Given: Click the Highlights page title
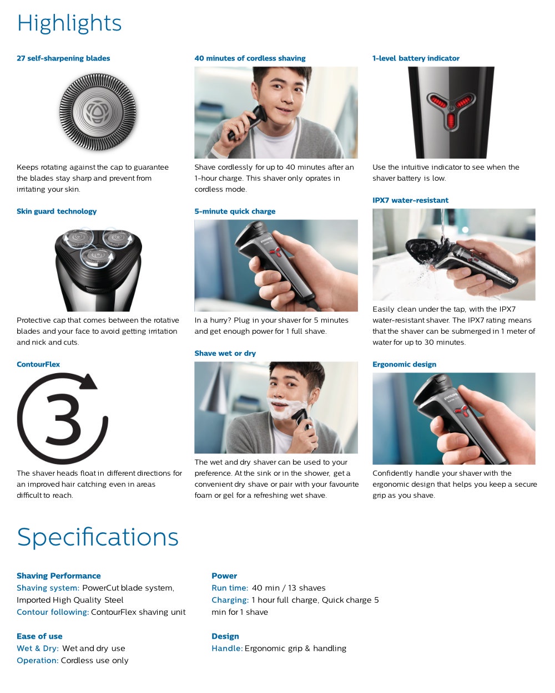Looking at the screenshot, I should tap(69, 23).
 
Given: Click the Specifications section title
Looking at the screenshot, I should tap(98, 537).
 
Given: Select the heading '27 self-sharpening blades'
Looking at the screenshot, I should tap(63, 58).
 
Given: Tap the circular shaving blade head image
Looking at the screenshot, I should tap(98, 112).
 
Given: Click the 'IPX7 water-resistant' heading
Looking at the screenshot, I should tap(410, 200).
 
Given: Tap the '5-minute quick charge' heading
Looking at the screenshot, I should tap(235, 211).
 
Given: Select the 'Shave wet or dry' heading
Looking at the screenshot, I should tap(225, 353).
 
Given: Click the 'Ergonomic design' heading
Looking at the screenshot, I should tap(404, 364).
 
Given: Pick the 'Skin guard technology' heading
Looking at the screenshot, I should tap(57, 211).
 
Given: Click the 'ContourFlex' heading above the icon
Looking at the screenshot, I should tap(38, 364).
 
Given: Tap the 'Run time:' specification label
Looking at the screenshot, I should tap(230, 588).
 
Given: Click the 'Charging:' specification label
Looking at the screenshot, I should tap(230, 600).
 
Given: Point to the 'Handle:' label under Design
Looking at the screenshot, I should tap(227, 648).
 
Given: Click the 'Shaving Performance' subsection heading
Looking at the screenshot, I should tap(59, 575).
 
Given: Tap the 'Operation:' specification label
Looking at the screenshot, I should tap(37, 660).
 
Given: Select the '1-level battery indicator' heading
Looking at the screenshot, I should tap(416, 58).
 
